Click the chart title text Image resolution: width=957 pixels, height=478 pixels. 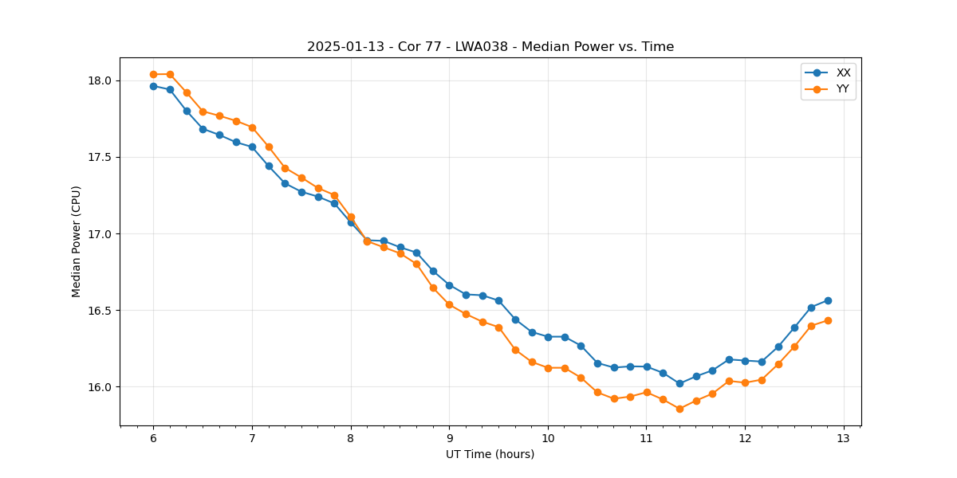[x=490, y=47]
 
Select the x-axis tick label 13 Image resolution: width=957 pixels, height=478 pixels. [x=844, y=439]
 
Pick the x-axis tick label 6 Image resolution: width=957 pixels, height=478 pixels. [x=153, y=439]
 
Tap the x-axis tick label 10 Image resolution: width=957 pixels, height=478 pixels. [x=548, y=439]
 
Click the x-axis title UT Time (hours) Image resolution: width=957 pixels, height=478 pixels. [x=490, y=455]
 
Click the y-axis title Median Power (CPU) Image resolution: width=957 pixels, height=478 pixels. [x=77, y=241]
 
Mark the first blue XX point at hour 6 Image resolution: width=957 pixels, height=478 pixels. [x=153, y=86]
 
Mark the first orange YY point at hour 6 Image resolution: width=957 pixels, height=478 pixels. [x=153, y=74]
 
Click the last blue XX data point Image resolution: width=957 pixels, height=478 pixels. [x=828, y=300]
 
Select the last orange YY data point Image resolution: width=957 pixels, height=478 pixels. [x=828, y=320]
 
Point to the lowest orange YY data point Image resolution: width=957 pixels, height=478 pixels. [x=679, y=409]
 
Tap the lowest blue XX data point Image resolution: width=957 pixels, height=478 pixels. [x=679, y=383]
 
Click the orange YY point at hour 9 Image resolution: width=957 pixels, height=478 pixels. [x=449, y=304]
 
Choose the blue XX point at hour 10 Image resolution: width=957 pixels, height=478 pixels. [x=548, y=337]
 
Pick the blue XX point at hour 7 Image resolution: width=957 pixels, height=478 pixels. [x=252, y=147]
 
